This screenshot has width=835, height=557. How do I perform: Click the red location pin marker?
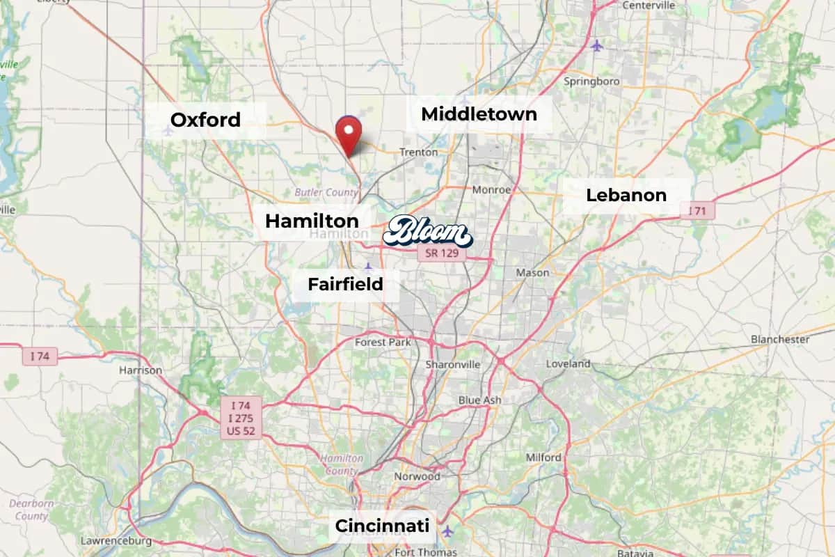click(348, 133)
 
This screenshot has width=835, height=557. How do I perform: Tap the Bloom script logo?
click(427, 233)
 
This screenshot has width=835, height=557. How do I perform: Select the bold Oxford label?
click(205, 120)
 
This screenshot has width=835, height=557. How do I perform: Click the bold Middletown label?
click(479, 113)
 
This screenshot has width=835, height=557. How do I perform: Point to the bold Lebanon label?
click(626, 195)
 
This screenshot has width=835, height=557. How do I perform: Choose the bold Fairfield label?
click(345, 284)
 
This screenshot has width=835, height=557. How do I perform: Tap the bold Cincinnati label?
click(382, 526)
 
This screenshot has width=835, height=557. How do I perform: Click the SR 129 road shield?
click(442, 253)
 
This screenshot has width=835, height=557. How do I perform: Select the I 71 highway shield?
click(697, 210)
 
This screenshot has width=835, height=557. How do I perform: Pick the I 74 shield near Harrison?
click(40, 356)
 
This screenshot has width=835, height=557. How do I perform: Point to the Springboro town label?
click(591, 81)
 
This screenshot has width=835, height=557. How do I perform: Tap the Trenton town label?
click(418, 152)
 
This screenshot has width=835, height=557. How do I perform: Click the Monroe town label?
click(491, 189)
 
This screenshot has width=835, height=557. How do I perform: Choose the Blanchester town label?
click(779, 339)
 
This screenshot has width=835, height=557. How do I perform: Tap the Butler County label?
click(326, 192)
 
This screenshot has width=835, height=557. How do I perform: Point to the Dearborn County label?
click(31, 510)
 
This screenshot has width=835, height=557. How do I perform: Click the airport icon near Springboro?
click(597, 46)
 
